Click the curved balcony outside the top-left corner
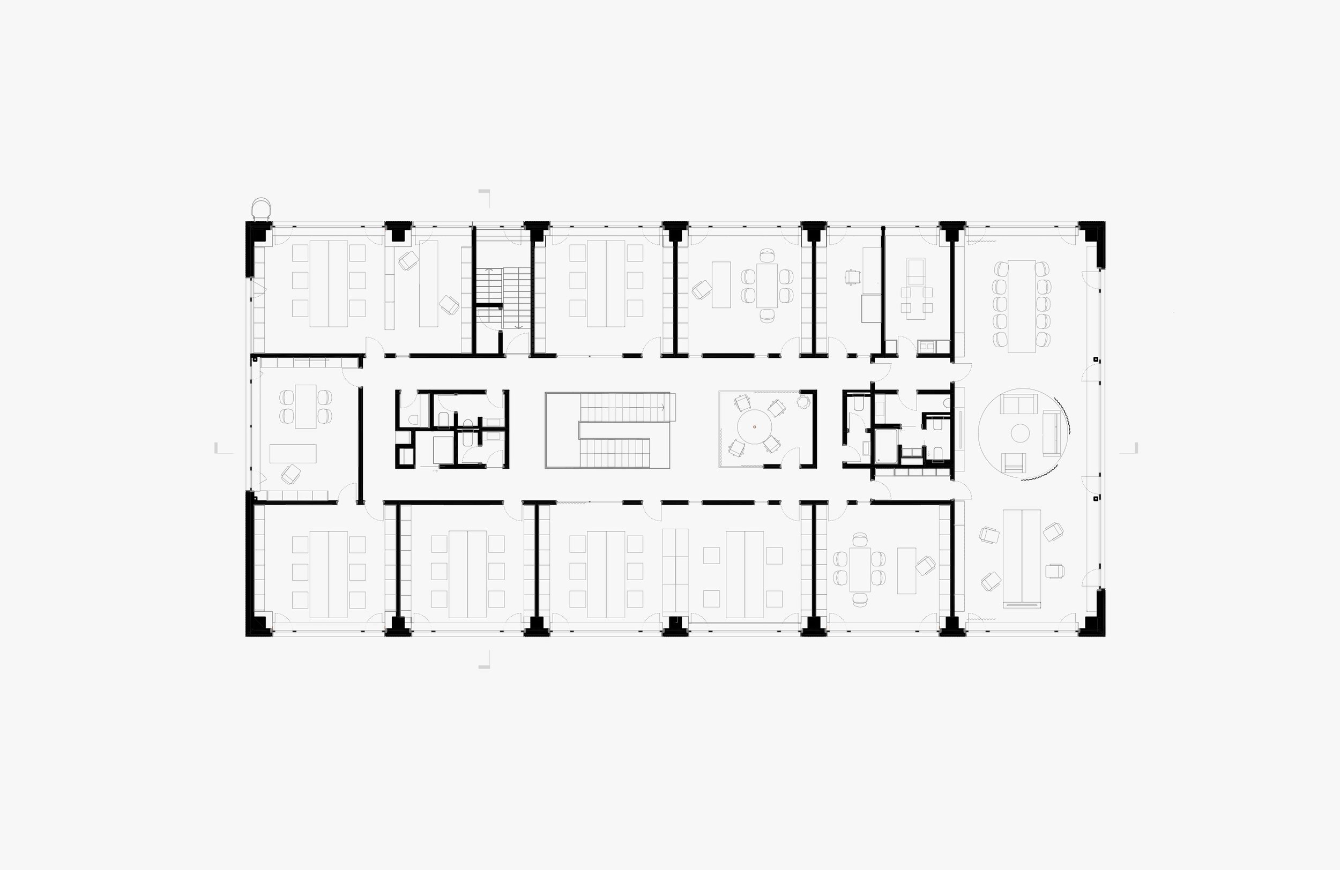pyautogui.click(x=262, y=208)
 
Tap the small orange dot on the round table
pyautogui.click(x=755, y=427)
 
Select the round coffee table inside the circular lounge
pyautogui.click(x=1020, y=433)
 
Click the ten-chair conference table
pyautogui.click(x=1021, y=306)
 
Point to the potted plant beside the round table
pyautogui.click(x=803, y=401)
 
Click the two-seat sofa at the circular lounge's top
pyautogui.click(x=1018, y=403)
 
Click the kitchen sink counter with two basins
pyautogui.click(x=927, y=346)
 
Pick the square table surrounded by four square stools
pyautogui.click(x=916, y=300)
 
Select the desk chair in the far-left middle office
pyautogui.click(x=291, y=474)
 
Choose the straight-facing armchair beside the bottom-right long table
pyautogui.click(x=1055, y=571)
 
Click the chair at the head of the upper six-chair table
pyautogui.click(x=767, y=256)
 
